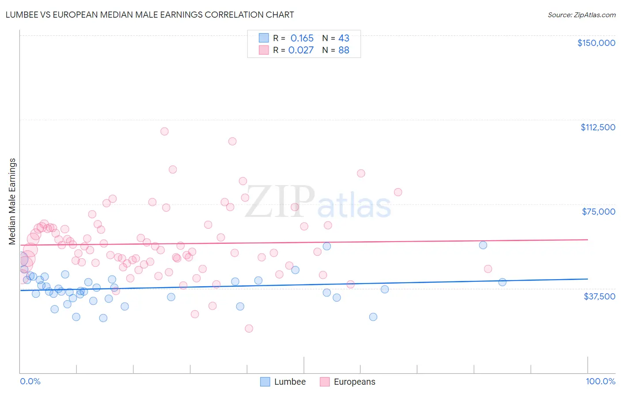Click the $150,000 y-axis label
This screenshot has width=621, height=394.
pyautogui.click(x=596, y=43)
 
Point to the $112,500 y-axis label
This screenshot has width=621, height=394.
pyautogui.click(x=598, y=127)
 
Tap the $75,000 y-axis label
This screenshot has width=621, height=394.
pyautogui.click(x=598, y=212)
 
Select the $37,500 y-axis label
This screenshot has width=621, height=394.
pyautogui.click(x=599, y=296)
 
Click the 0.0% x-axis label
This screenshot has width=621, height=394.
pyautogui.click(x=30, y=381)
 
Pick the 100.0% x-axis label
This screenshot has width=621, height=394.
pyautogui.click(x=600, y=381)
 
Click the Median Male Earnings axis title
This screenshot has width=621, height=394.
pyautogui.click(x=12, y=201)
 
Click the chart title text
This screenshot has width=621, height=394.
pyautogui.click(x=150, y=15)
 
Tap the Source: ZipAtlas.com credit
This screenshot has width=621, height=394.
pyautogui.click(x=581, y=15)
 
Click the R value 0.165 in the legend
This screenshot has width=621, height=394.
pyautogui.click(x=302, y=38)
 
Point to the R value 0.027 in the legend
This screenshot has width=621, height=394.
pyautogui.click(x=301, y=50)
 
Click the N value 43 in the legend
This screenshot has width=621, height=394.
pyautogui.click(x=344, y=38)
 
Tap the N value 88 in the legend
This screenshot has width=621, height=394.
pyautogui.click(x=344, y=50)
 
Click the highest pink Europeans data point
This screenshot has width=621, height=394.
pyautogui.click(x=164, y=131)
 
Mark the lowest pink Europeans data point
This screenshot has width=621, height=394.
pyautogui.click(x=249, y=328)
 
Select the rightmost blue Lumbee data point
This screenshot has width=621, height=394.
pyautogui.click(x=502, y=282)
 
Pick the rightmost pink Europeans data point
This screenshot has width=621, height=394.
pyautogui.click(x=488, y=269)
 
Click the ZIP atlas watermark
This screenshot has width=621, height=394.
pyautogui.click(x=318, y=203)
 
